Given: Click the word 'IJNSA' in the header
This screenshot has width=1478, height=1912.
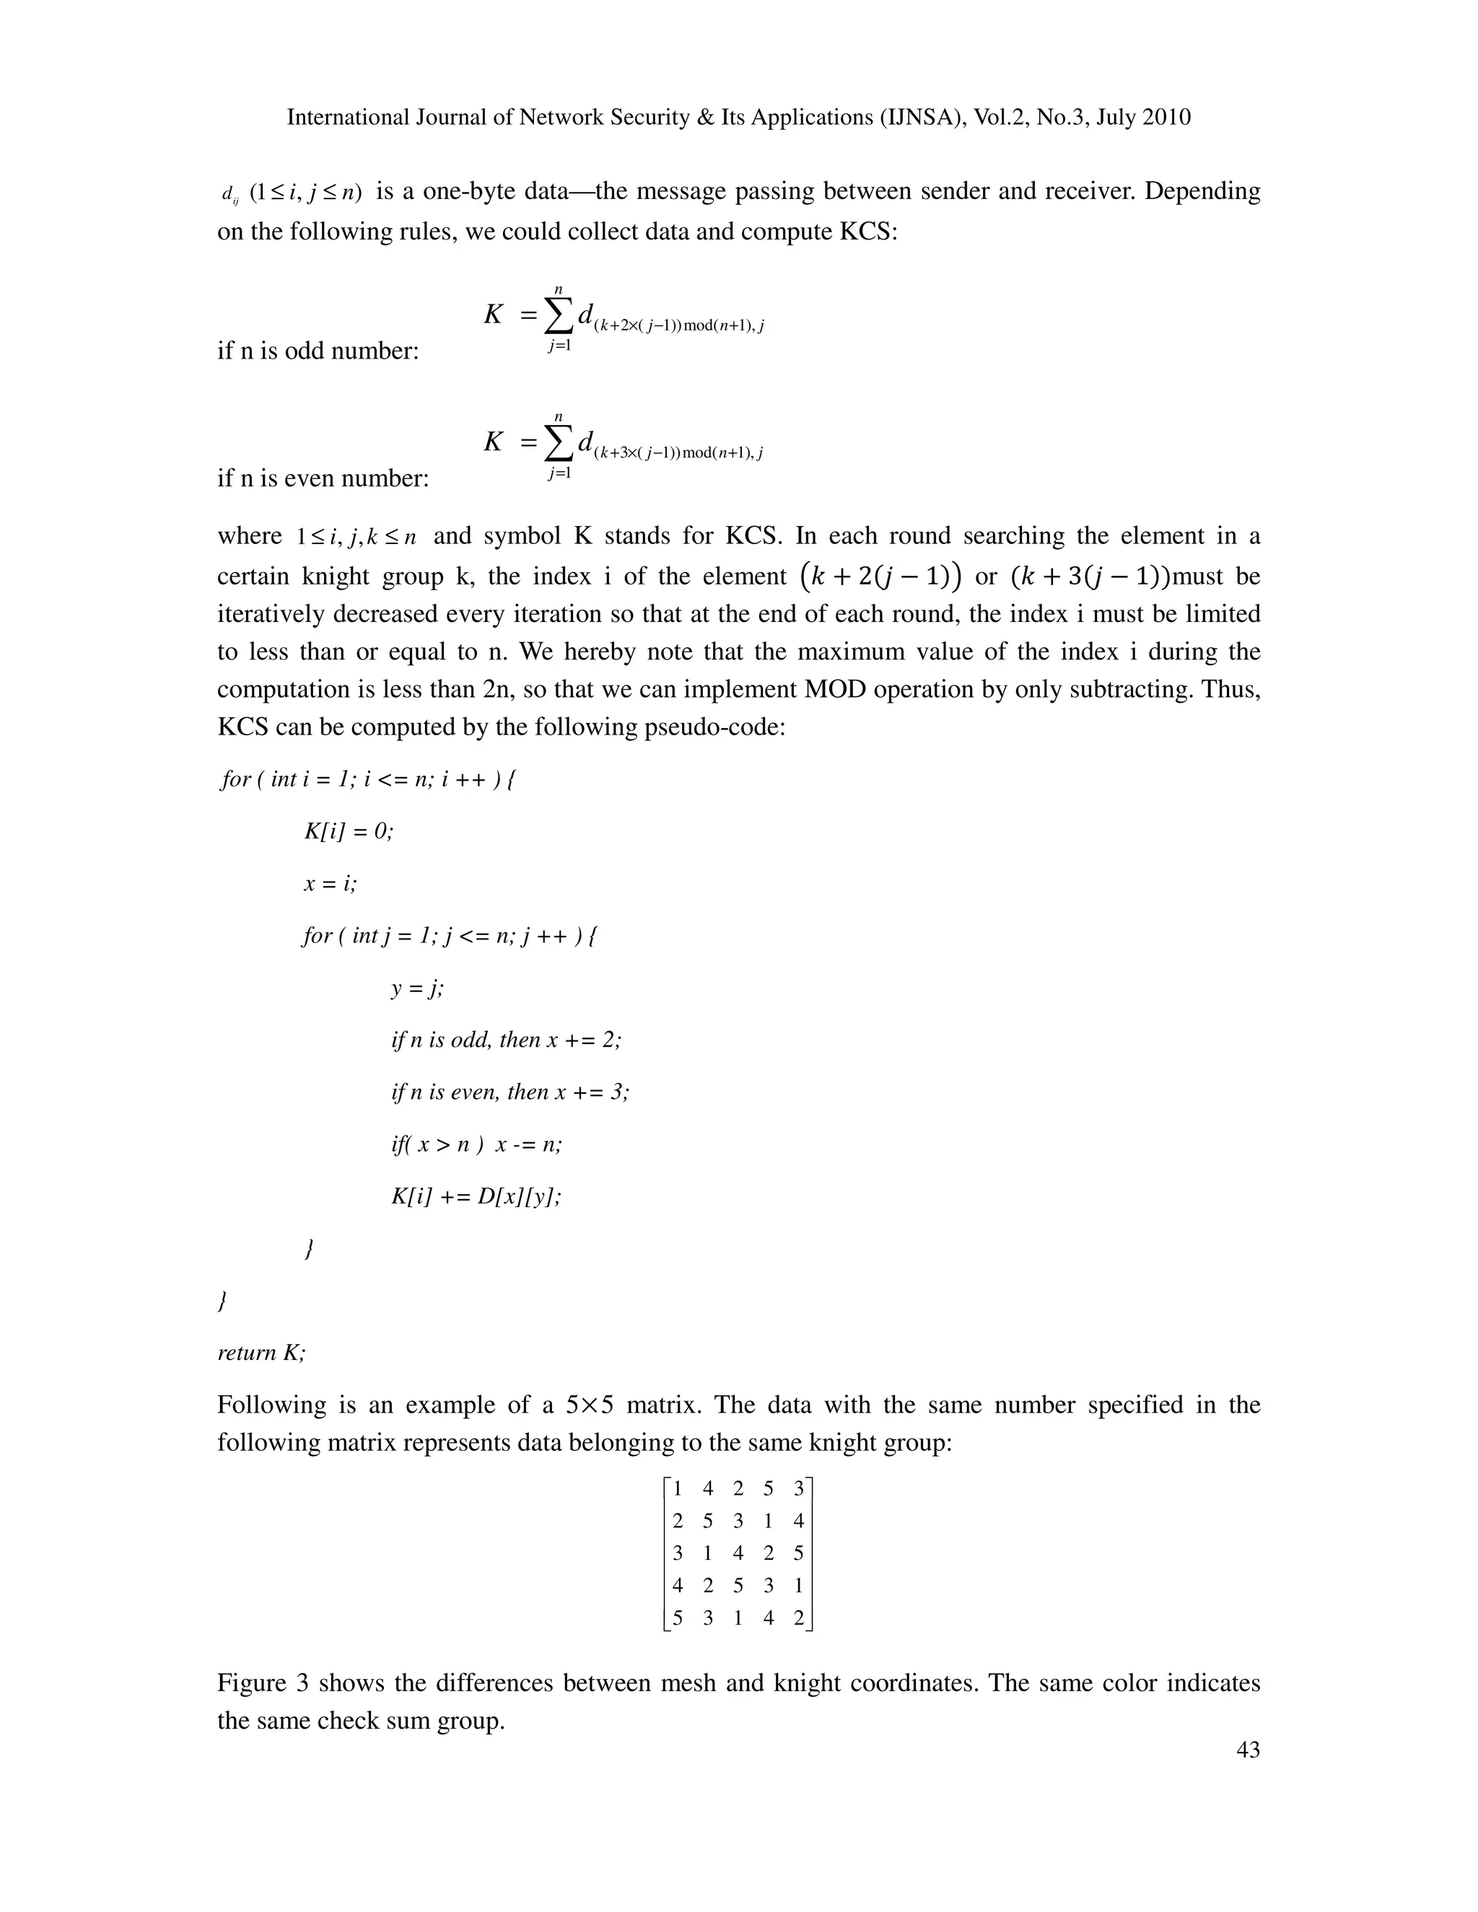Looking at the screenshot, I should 916,118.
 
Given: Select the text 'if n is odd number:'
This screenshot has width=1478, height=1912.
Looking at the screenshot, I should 318,351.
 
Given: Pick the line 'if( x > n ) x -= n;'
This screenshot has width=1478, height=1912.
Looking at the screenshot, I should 476,1144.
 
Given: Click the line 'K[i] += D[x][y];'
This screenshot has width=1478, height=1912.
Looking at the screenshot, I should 476,1196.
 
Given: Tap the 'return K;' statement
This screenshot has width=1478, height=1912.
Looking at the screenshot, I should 261,1353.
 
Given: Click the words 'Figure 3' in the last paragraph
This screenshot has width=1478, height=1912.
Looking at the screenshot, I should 263,1683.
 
